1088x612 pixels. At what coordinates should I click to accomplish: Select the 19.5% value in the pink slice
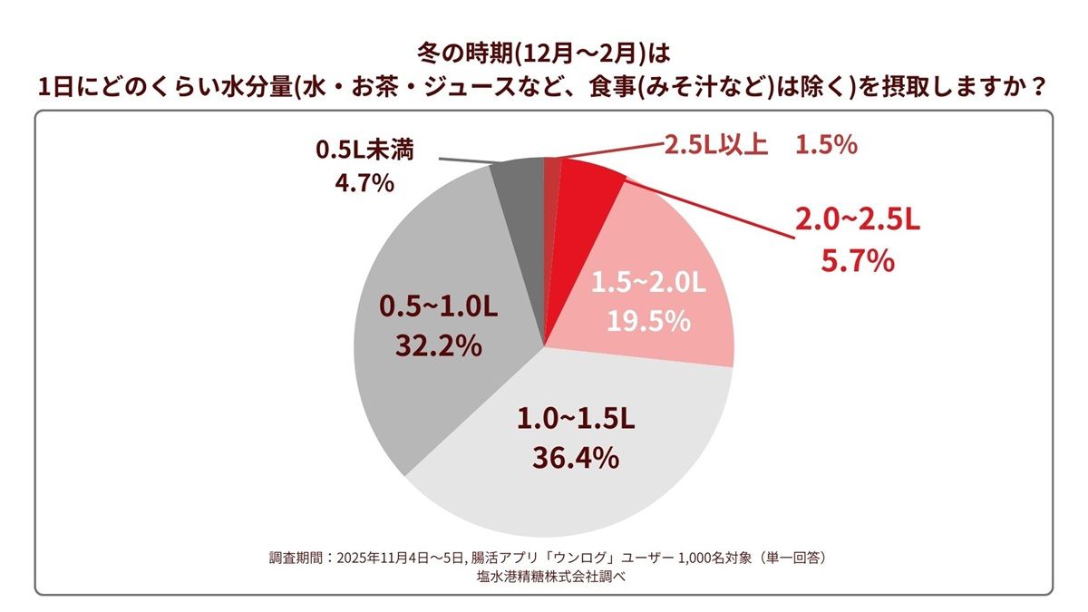click(x=647, y=321)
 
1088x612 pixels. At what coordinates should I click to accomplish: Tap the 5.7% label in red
click(x=857, y=262)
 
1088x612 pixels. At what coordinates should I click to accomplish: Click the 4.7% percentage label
click(x=364, y=184)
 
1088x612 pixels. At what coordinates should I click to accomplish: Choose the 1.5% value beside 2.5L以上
click(x=827, y=145)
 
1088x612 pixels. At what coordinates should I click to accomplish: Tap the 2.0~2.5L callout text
click(x=857, y=219)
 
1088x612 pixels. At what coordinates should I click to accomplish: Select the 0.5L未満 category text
click(x=364, y=149)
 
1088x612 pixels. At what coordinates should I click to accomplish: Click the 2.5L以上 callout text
click(x=715, y=145)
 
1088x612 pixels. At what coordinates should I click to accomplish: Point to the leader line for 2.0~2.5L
click(x=707, y=206)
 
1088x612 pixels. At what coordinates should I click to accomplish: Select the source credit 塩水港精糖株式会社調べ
click(x=544, y=575)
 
